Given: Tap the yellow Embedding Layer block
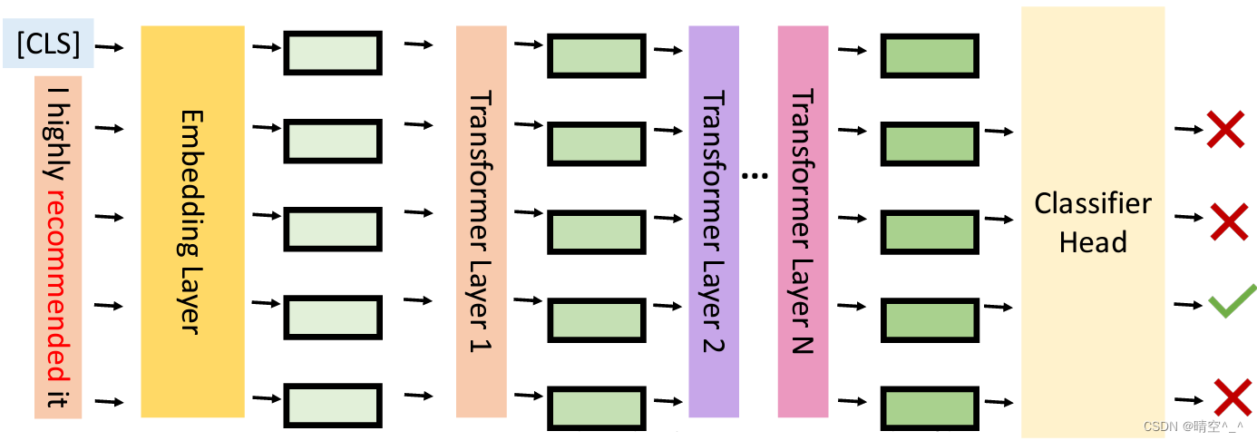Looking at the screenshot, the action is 192,220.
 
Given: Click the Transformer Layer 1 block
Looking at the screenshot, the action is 481,220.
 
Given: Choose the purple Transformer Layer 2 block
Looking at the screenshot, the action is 714,220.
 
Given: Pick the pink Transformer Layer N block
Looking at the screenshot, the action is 803,220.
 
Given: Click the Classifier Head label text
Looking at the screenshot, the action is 1093,222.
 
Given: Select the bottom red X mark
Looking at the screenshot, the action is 1232,397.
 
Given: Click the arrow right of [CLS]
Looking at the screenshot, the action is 111,44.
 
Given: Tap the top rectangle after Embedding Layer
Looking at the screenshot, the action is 333,54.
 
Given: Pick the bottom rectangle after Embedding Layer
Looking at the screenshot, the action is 333,406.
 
